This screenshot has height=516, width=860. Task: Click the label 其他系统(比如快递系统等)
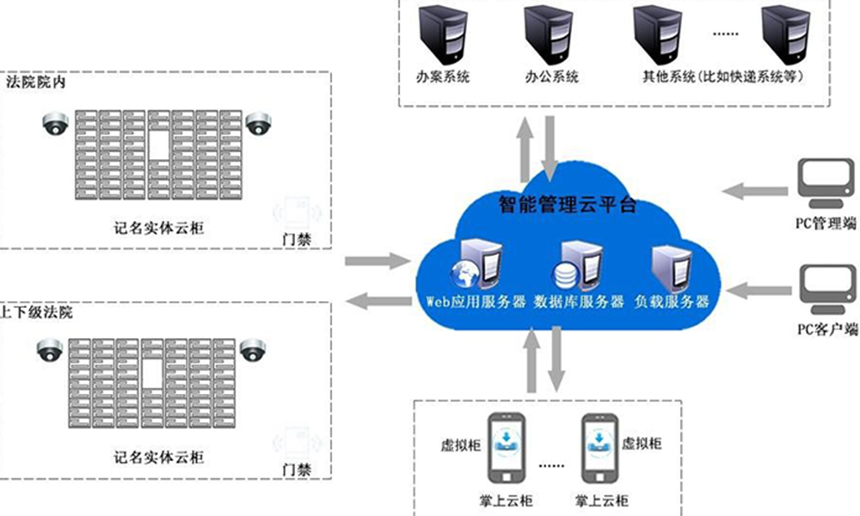coord(722,77)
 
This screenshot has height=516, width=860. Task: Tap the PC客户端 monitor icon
coord(824,287)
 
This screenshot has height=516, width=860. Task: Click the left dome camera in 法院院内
coord(56,125)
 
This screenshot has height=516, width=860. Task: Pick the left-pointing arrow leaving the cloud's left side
coord(378,300)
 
